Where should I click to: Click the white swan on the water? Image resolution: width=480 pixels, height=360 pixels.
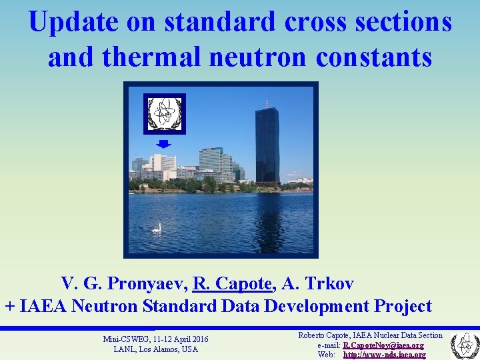(157, 229)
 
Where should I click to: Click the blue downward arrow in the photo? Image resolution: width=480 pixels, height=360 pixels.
(164, 144)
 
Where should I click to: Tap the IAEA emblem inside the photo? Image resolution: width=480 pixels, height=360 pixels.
(164, 113)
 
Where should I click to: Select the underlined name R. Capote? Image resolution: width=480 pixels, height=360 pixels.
(233, 284)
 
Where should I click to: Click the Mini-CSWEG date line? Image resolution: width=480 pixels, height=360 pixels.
(155, 339)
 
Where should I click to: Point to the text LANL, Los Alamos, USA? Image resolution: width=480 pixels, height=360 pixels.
(155, 349)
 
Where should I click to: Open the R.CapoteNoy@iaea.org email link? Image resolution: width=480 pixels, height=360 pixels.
(383, 345)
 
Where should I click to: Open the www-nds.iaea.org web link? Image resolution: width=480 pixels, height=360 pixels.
(384, 355)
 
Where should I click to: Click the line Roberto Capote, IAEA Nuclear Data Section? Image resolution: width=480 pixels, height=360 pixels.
(370, 335)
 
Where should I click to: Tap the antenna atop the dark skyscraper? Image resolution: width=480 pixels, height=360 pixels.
(267, 104)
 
